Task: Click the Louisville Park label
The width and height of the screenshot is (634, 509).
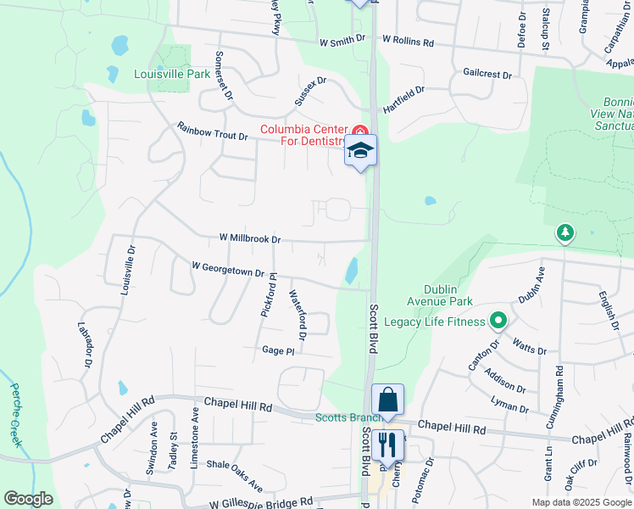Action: click(172, 74)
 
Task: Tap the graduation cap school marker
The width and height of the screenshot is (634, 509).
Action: click(360, 151)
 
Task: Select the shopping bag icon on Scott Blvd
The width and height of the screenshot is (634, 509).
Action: click(387, 400)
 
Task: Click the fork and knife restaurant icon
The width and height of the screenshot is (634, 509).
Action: click(387, 444)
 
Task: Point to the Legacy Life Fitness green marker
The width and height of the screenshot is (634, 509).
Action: click(498, 322)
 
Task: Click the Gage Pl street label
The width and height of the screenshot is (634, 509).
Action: click(278, 350)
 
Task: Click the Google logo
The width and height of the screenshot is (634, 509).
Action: click(28, 499)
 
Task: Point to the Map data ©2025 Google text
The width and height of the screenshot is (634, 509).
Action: click(581, 502)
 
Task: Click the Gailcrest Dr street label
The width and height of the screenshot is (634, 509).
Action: click(487, 75)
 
